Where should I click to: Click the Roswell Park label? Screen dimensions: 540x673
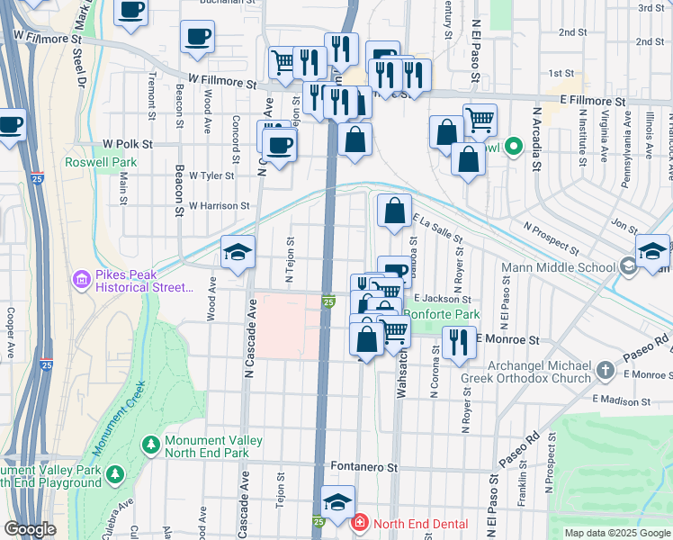coord(101,163)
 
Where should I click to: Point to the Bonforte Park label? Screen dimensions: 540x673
coord(441,315)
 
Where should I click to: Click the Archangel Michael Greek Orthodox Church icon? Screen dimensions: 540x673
coord(606,370)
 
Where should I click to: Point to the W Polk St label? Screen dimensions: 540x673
coord(128,144)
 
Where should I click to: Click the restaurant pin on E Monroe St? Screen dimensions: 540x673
coord(459,341)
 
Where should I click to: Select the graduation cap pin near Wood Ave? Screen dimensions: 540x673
coord(238,252)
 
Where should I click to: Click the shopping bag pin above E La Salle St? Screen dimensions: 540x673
coord(394,211)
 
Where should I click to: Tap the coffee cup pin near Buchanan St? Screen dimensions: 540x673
coord(131,10)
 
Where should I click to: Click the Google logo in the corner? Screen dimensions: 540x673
coord(31,528)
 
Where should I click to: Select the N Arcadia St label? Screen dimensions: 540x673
coord(537,139)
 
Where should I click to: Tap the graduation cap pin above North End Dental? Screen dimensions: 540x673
coord(337,502)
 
